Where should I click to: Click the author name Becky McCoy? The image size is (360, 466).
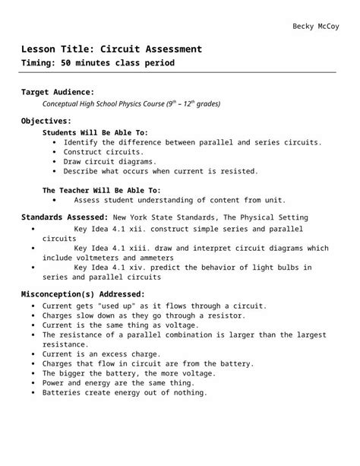point(317,27)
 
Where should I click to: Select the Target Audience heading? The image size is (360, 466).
point(58,92)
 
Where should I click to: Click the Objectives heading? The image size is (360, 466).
point(46,121)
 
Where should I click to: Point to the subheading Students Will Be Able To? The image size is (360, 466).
point(95,132)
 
